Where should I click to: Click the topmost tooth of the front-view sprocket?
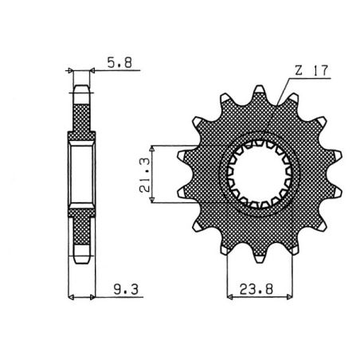click(x=260, y=92)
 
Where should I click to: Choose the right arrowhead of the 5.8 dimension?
click(x=94, y=71)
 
